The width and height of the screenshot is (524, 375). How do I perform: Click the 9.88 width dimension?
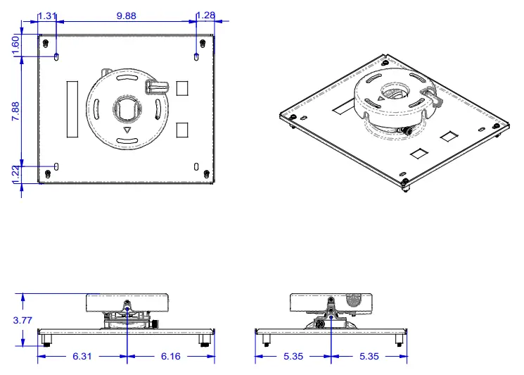126,16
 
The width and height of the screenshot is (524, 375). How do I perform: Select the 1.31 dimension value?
47,16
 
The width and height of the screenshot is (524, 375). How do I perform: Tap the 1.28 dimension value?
205,16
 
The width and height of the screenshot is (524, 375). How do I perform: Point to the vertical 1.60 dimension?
16,44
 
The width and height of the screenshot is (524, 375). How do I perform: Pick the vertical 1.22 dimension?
16,173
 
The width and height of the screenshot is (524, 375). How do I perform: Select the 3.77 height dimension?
23,319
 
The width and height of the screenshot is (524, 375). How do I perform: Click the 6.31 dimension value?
82,357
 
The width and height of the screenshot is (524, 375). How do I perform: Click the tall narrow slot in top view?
71,109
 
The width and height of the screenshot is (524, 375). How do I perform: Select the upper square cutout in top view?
183,87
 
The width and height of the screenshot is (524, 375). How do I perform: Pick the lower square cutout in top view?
183,130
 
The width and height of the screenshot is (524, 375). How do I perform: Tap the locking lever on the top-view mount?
158,86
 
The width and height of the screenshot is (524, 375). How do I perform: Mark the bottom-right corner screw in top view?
205,173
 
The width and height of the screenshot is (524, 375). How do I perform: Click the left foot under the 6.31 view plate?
47,340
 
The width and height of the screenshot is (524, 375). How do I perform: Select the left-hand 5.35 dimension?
293,357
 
